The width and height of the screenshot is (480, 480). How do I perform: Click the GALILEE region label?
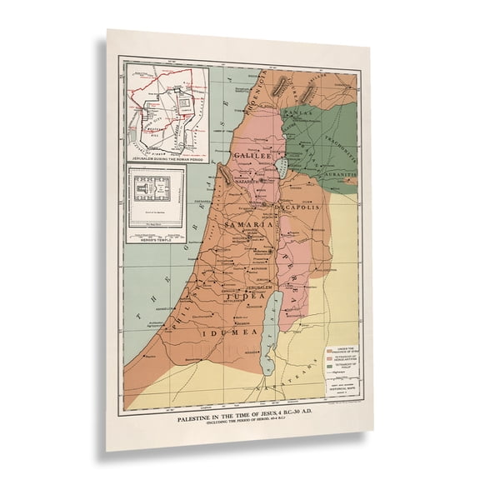tap(253, 155)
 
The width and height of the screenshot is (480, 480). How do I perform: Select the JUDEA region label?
tap(251, 294)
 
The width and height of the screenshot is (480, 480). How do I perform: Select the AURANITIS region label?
tap(338, 175)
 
